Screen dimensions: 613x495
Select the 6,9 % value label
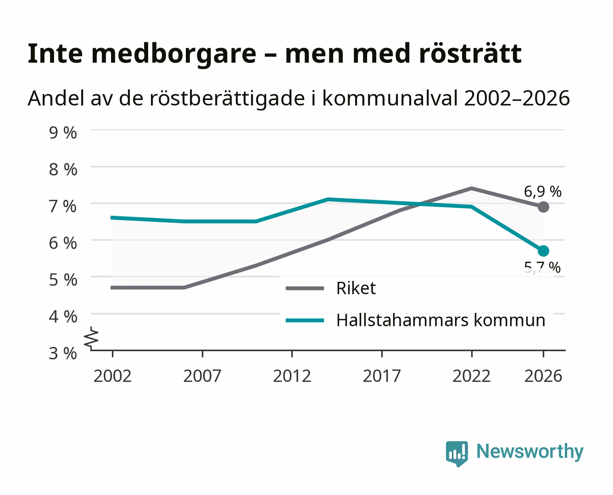pyautogui.click(x=542, y=192)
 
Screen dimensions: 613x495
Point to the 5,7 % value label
pyautogui.click(x=542, y=268)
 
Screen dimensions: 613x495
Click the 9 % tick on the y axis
pyautogui.click(x=63, y=133)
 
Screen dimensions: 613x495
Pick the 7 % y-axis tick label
pyautogui.click(x=63, y=206)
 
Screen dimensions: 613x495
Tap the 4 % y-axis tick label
pyautogui.click(x=63, y=317)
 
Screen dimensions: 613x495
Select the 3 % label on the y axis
pyautogui.click(x=63, y=353)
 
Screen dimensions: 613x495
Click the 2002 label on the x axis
pyautogui.click(x=112, y=376)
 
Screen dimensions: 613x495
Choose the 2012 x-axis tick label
pyautogui.click(x=292, y=376)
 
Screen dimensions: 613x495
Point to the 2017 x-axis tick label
pyautogui.click(x=382, y=376)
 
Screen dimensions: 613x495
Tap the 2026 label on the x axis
pyautogui.click(x=543, y=376)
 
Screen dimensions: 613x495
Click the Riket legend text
pyautogui.click(x=356, y=288)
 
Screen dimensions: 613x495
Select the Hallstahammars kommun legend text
pyautogui.click(x=441, y=320)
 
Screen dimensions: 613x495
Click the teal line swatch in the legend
pyautogui.click(x=305, y=320)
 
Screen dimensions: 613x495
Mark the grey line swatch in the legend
pyautogui.click(x=305, y=288)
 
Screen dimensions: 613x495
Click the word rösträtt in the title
pyautogui.click(x=471, y=54)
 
